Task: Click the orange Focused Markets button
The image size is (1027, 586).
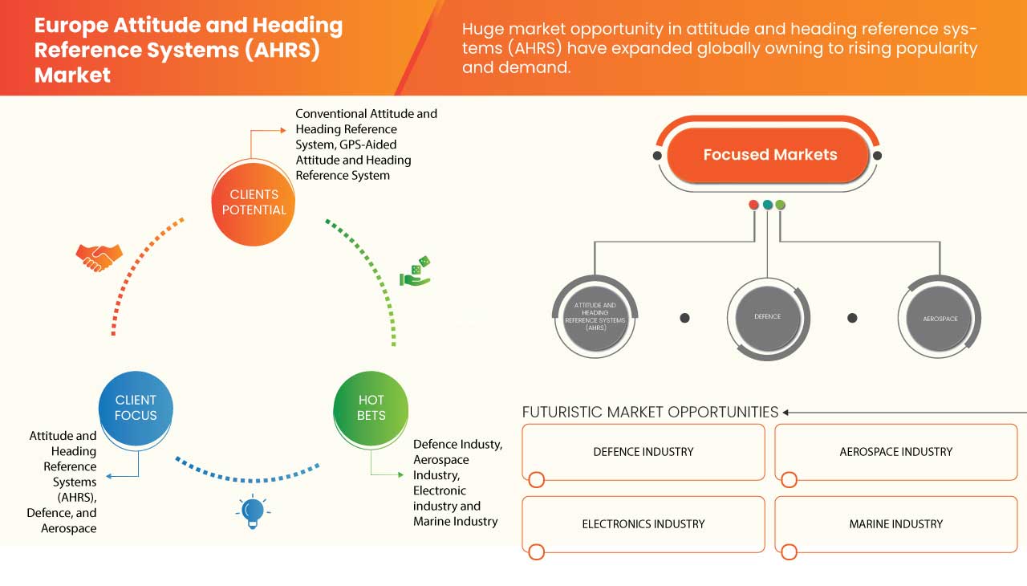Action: point(769,155)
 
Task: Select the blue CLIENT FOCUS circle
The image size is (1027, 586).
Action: point(136,407)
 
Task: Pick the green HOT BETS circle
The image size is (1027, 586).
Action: point(371,407)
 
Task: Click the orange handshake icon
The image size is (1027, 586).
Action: point(99,257)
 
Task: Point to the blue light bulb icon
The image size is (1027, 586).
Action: point(253,511)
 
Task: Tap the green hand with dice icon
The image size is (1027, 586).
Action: point(416,272)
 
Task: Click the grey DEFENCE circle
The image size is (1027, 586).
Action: point(767,316)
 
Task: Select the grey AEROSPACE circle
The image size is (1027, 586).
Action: point(940,319)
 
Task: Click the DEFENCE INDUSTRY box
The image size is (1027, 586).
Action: point(643,452)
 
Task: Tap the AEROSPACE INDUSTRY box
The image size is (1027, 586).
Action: point(895,452)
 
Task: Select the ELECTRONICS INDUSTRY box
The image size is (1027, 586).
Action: point(643,524)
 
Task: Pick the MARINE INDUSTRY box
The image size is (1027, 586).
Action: point(895,524)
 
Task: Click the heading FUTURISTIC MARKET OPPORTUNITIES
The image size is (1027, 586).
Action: point(650,412)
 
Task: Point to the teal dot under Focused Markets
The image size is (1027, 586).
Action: point(768,205)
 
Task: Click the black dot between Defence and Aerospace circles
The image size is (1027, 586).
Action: point(852,318)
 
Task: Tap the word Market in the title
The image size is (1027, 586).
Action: point(72,75)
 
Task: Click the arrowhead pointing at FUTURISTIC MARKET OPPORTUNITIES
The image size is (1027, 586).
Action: point(787,413)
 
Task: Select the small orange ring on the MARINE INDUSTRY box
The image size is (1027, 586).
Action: point(789,551)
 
